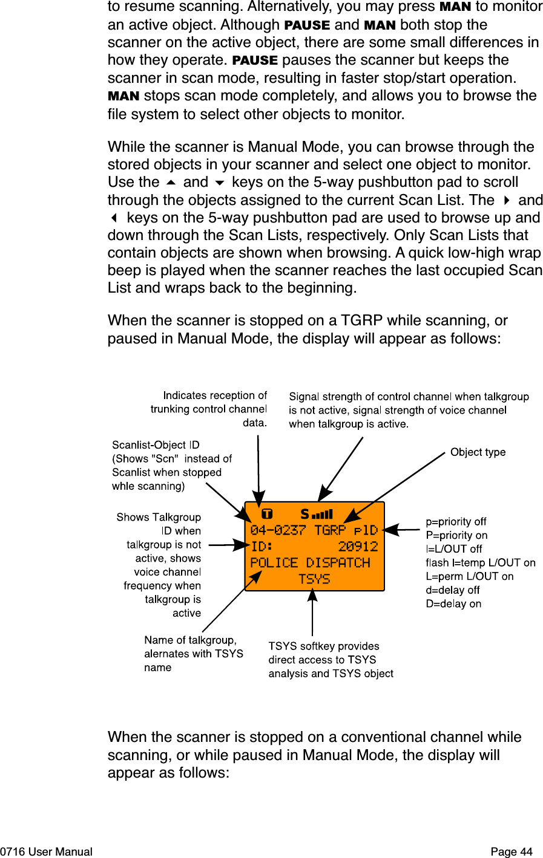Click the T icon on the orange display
tap(266, 515)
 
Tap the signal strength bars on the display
tap(323, 515)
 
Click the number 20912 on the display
tap(358, 547)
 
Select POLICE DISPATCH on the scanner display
tap(310, 563)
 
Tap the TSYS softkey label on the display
tap(314, 579)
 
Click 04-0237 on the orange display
tap(278, 530)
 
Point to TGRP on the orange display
tap(330, 530)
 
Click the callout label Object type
tap(478, 452)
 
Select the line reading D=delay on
tap(453, 604)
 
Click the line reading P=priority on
tap(456, 535)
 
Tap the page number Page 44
tap(512, 852)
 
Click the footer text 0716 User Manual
tap(47, 852)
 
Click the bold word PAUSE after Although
tap(307, 25)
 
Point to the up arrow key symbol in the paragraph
tap(171, 183)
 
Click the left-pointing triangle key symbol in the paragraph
tap(113, 218)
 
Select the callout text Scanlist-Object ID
tap(156, 445)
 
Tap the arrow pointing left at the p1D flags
tap(401, 530)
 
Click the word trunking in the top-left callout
tap(170, 409)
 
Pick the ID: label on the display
tap(262, 547)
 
